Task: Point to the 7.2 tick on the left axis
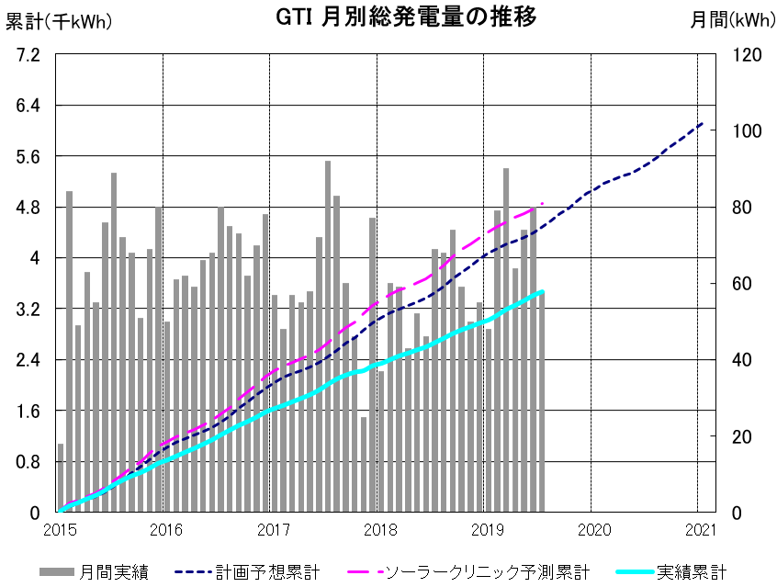tap(28, 55)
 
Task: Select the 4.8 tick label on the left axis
tap(28, 208)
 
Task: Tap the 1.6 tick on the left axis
tap(28, 411)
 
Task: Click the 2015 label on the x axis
tap(59, 529)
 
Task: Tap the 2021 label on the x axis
tap(701, 529)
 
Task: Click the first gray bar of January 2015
tap(61, 478)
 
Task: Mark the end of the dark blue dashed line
tap(703, 123)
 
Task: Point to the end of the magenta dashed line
tap(544, 203)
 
